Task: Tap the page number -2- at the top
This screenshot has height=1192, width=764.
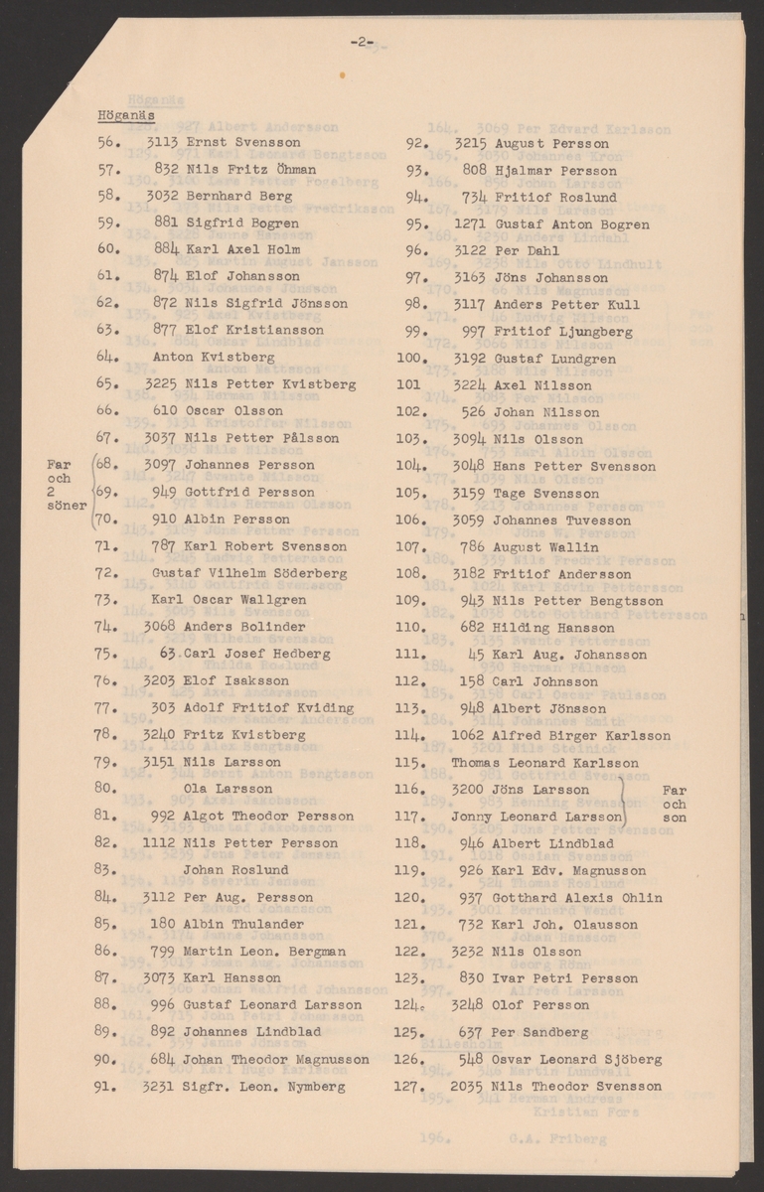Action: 360,41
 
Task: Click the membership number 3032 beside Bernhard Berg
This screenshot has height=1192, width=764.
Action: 161,196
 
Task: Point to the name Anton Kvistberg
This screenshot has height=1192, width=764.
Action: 200,357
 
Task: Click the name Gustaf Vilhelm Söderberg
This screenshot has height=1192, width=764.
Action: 229,573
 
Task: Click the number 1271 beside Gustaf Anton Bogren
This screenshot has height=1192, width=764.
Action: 468,224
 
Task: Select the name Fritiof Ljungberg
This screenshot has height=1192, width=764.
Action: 561,332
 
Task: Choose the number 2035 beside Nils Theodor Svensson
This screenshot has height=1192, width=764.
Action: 467,1087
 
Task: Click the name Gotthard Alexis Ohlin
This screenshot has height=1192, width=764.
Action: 576,898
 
